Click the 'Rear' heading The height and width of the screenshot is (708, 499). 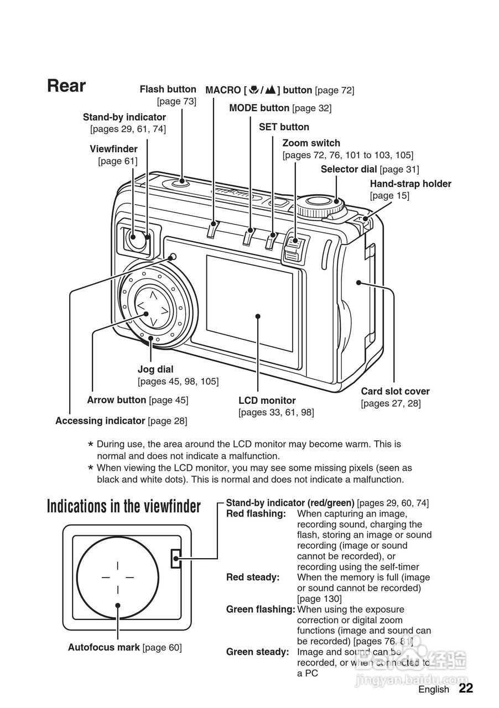66,86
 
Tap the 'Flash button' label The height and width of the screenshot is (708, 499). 168,89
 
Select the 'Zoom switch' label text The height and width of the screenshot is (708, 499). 311,143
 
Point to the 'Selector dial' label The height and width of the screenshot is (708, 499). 349,169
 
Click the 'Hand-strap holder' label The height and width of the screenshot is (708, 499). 410,184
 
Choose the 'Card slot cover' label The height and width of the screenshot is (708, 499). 395,391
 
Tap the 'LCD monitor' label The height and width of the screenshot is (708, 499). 267,400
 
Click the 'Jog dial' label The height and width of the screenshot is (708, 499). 155,369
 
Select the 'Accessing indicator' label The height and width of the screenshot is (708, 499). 100,421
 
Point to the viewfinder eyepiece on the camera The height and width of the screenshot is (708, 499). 135,239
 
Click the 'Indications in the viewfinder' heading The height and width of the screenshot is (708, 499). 123,506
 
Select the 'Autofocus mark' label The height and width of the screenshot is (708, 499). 104,647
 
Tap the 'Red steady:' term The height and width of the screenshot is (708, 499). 253,577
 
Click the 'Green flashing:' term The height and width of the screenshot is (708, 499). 260,610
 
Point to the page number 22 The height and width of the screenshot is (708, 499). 466,689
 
